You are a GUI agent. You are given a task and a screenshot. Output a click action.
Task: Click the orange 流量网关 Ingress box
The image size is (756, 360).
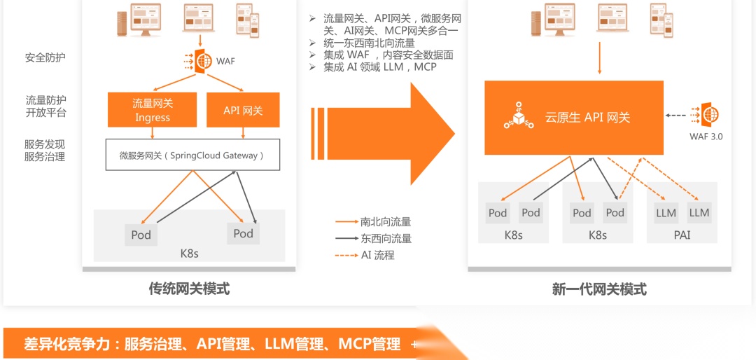153,110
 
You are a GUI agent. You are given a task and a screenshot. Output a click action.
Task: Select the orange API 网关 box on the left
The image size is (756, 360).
242,110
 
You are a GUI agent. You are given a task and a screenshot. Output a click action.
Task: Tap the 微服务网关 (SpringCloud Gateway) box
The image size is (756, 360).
192,155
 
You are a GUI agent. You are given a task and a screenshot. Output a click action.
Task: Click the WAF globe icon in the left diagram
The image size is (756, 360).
203,61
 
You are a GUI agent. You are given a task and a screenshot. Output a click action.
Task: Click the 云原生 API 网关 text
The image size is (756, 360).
588,118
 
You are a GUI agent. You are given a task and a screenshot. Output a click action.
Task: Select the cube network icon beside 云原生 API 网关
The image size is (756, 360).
518,116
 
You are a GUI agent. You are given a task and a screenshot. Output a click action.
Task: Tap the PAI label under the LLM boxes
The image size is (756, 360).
682,235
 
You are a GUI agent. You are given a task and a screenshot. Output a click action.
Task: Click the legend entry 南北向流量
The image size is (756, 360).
386,221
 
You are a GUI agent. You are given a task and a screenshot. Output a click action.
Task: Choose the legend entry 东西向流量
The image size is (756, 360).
386,238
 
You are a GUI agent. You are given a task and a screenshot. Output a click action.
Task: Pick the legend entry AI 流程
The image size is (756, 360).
378,255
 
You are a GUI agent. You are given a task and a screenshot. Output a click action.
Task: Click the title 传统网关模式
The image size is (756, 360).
189,288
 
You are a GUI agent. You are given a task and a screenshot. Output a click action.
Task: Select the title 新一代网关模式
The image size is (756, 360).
599,289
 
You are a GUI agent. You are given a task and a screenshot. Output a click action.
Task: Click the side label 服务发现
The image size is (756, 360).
45,144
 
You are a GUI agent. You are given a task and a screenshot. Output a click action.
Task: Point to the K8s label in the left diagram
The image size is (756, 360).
189,253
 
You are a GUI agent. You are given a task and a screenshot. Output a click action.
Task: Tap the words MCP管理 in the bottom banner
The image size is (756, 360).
370,344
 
